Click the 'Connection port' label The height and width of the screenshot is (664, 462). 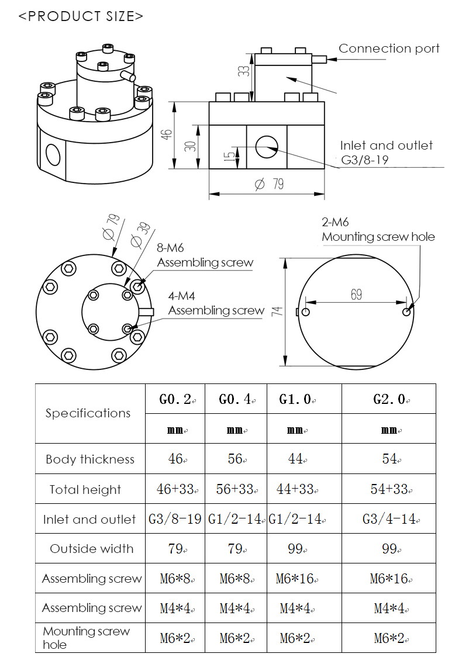point(389,49)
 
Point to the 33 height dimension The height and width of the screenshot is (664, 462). point(245,71)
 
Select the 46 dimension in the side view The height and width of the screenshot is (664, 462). point(167,134)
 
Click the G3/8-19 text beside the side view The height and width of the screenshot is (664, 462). point(366,160)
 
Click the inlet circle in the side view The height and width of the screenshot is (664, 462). point(267,146)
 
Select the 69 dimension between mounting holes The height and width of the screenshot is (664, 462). point(356,295)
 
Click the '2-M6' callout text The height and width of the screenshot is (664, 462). point(335,222)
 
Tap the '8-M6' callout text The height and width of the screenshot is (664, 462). point(170,248)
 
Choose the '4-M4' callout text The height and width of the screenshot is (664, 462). point(182,296)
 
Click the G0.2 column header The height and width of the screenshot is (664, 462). point(175,399)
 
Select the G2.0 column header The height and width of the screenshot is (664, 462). point(389,399)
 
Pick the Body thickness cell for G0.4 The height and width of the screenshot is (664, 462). point(235,459)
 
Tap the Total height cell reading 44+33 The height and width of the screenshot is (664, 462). point(296,489)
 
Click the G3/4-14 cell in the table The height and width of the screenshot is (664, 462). point(389,519)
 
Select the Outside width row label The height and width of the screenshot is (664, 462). point(91,549)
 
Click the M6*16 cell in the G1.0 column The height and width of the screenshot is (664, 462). point(295,579)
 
